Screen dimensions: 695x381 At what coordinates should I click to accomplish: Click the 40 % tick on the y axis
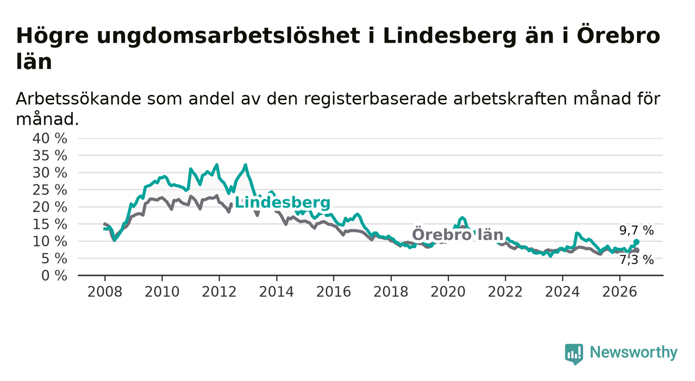point(50,139)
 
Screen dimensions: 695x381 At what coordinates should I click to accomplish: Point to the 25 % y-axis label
point(50,190)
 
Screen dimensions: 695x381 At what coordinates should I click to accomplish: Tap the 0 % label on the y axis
point(54,276)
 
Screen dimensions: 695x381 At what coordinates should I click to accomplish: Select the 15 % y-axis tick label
point(50,224)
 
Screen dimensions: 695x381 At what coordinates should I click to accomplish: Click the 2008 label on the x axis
point(105,292)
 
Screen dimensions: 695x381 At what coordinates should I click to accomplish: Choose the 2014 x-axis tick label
point(276,292)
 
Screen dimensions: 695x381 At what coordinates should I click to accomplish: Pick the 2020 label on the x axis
point(448,292)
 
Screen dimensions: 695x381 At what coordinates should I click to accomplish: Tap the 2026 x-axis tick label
point(620,292)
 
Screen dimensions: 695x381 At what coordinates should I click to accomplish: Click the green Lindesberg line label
point(282,202)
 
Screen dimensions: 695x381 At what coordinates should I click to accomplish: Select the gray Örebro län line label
point(457,235)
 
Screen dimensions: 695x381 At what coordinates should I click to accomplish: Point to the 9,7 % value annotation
point(637,230)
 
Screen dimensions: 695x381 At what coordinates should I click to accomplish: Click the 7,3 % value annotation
point(637,260)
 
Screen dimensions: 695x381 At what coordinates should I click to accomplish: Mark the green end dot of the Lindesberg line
point(636,242)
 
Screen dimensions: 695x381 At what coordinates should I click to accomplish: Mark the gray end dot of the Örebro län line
point(636,250)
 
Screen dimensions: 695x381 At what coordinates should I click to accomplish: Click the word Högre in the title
point(52,36)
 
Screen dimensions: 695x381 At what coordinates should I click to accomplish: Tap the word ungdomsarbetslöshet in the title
point(228,36)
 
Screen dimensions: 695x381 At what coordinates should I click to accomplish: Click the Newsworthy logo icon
point(574,353)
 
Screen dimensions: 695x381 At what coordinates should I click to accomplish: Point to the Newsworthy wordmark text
point(634,352)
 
